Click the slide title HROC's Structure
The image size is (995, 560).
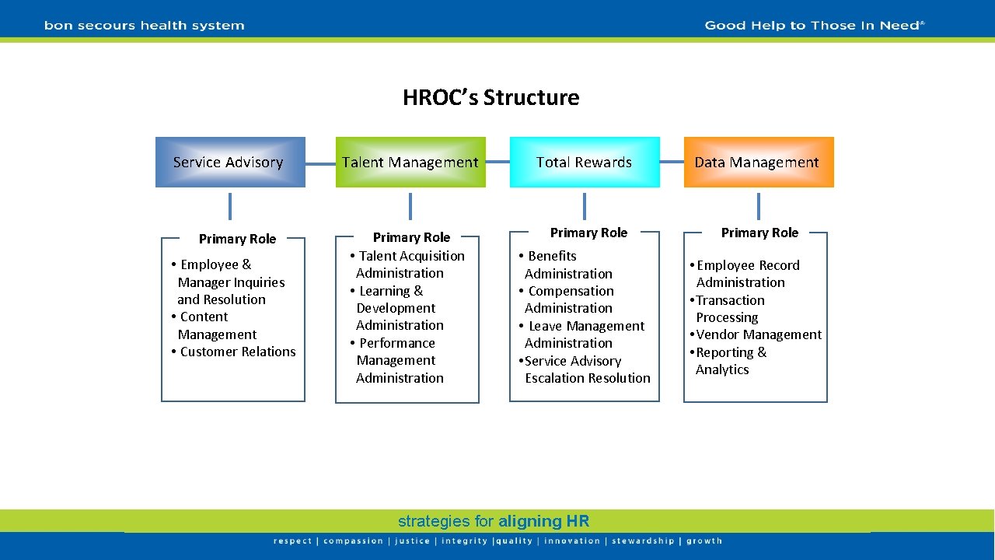click(x=491, y=98)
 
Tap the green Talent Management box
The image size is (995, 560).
click(x=410, y=162)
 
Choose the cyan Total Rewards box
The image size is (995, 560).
click(x=584, y=162)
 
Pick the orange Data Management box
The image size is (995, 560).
click(x=758, y=162)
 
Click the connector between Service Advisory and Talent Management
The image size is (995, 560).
click(x=320, y=163)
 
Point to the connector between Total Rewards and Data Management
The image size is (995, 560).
click(x=672, y=163)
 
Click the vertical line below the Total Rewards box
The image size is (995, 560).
click(x=585, y=206)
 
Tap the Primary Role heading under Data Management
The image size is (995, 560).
click(x=759, y=233)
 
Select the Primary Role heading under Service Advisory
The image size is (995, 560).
click(x=237, y=239)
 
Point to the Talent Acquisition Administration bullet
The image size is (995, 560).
click(x=407, y=264)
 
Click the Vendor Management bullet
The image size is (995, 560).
click(x=758, y=334)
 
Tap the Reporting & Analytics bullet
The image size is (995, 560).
click(x=729, y=361)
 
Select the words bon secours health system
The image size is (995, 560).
click(x=145, y=26)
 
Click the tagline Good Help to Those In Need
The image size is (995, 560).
click(x=814, y=26)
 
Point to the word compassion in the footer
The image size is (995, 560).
click(x=353, y=541)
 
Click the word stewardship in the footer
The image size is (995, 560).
click(x=643, y=541)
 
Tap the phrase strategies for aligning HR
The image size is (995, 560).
click(x=494, y=521)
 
